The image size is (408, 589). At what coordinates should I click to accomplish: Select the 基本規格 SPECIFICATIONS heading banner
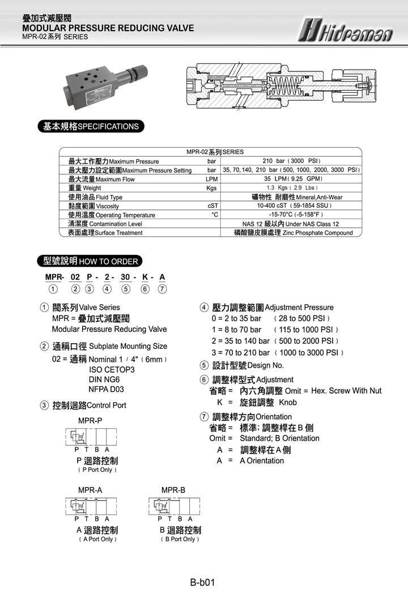(91, 126)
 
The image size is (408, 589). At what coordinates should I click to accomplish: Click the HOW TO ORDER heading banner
(90, 261)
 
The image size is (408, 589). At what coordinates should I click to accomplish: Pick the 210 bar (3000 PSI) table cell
(292, 161)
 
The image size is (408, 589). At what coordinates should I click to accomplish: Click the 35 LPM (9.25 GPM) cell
(292, 179)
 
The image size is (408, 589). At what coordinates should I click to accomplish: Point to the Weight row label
(85, 188)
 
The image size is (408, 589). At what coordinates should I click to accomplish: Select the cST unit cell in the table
(213, 206)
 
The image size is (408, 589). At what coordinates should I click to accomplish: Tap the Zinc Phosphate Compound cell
(293, 233)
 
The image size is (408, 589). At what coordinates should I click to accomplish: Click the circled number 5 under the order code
(126, 289)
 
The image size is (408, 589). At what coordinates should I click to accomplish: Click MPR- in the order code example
(54, 277)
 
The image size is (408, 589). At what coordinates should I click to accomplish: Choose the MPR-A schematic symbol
(92, 506)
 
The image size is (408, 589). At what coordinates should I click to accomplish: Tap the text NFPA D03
(106, 390)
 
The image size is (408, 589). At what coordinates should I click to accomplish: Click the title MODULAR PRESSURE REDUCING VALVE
(108, 28)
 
